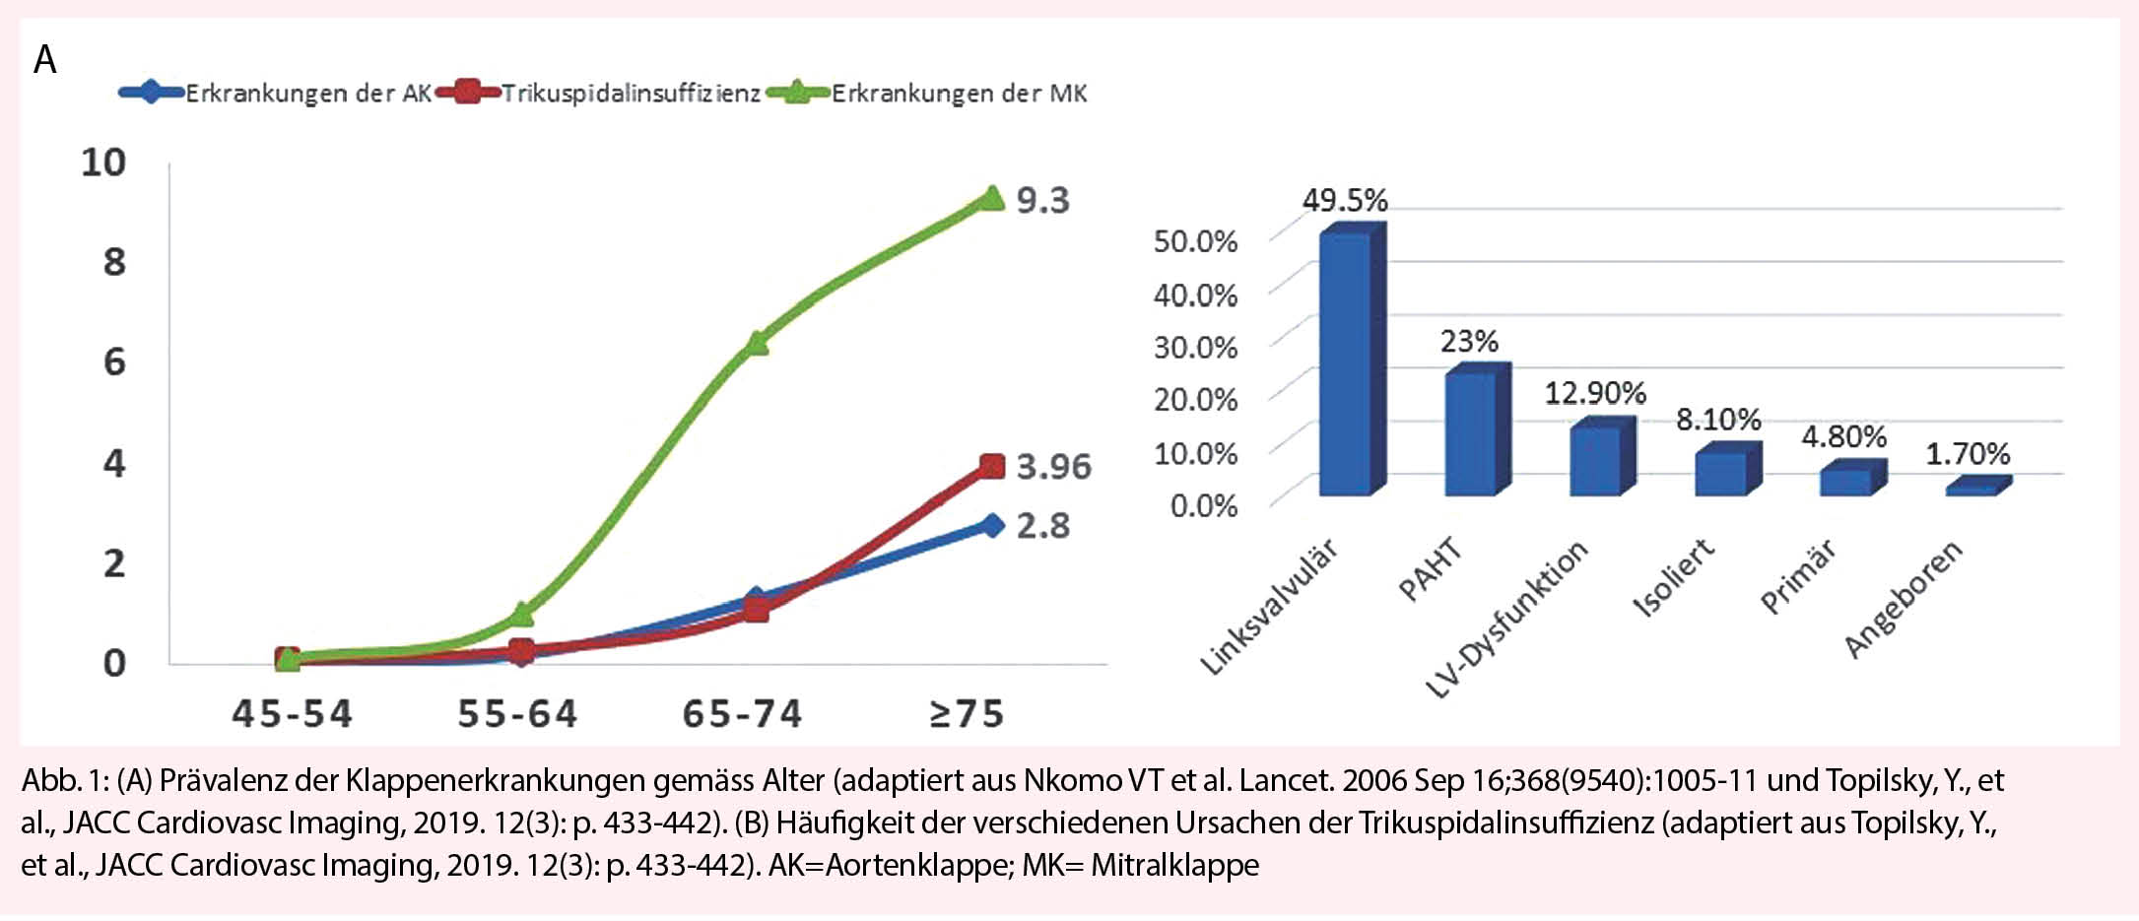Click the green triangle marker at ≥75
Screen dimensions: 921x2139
[x=991, y=199]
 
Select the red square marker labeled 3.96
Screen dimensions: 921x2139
[x=992, y=466]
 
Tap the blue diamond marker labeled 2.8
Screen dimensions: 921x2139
[x=992, y=525]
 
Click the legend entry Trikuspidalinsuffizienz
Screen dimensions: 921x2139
[x=631, y=94]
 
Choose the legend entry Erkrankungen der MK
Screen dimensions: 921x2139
[x=959, y=94]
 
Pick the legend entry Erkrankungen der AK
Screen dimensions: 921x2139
[x=307, y=94]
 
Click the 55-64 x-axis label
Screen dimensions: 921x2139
[x=517, y=714]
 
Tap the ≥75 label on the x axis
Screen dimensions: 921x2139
[x=967, y=714]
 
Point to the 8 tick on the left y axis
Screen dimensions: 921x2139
[x=114, y=262]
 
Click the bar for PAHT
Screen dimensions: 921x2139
[x=1470, y=433]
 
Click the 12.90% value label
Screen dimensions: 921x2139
[x=1594, y=393]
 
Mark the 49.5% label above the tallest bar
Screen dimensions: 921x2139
[x=1345, y=201]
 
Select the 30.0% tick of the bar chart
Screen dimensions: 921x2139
[x=1195, y=347]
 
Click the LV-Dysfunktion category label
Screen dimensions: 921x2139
[x=1507, y=619]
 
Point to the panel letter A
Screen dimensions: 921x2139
[x=45, y=60]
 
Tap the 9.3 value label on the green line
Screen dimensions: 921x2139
[x=1042, y=200]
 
